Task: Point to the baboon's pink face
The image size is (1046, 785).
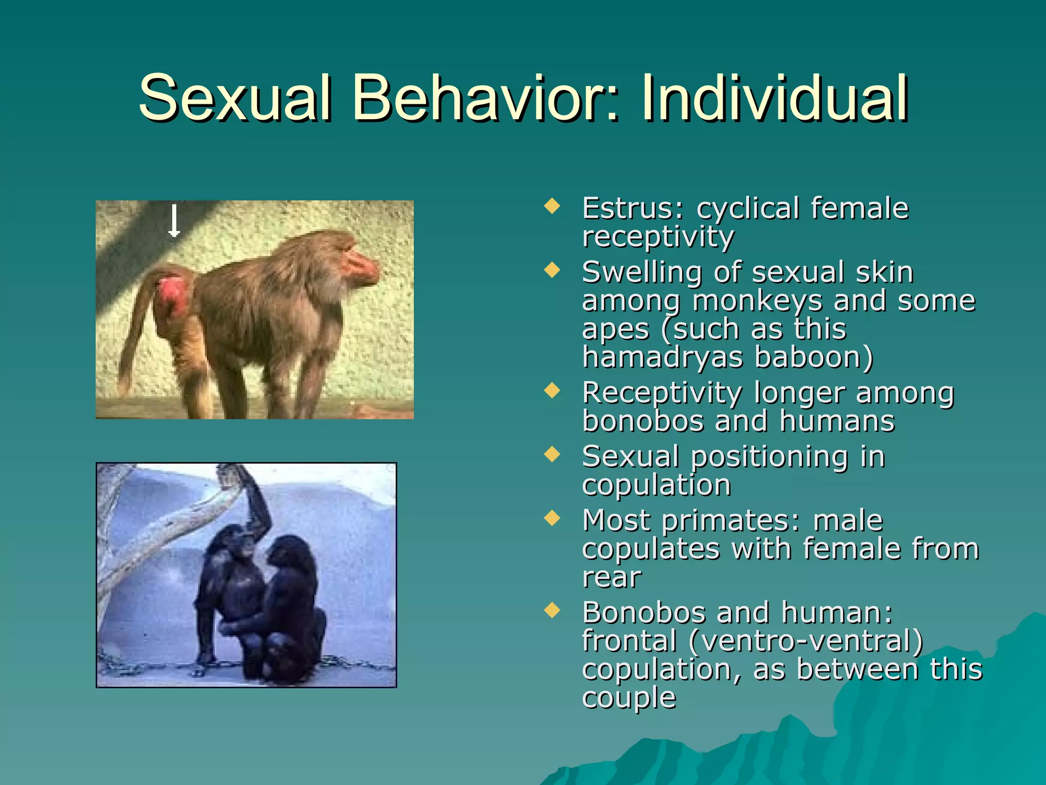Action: [360, 266]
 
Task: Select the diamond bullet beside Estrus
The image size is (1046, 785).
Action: [552, 206]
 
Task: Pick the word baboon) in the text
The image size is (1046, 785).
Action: [814, 357]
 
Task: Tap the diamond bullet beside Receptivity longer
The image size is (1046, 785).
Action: [552, 391]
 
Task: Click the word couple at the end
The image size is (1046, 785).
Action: [629, 697]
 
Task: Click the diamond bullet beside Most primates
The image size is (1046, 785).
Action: [552, 518]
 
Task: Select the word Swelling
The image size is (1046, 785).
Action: [641, 272]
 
